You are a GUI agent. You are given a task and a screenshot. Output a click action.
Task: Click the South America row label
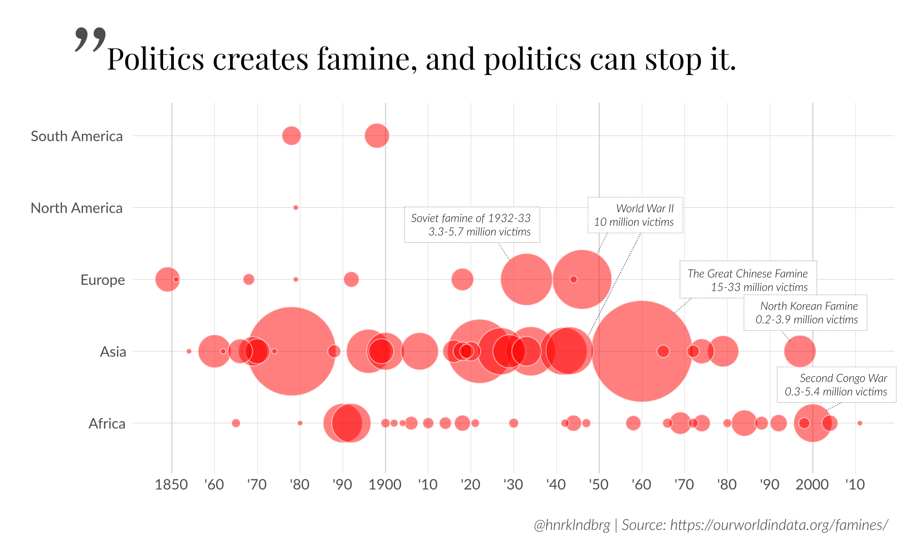click(x=77, y=136)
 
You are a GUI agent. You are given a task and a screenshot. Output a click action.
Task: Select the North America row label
click(x=77, y=208)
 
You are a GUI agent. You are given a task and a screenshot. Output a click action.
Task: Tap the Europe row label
click(x=103, y=280)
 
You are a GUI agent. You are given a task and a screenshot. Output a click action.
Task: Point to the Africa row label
click(x=107, y=424)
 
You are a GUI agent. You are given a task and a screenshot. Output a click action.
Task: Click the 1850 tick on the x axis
click(x=171, y=484)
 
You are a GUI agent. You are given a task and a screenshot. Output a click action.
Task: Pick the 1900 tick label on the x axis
click(x=385, y=484)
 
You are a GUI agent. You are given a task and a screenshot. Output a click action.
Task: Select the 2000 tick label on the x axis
click(x=812, y=484)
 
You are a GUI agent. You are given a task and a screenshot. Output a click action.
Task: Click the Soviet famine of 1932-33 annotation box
click(x=472, y=225)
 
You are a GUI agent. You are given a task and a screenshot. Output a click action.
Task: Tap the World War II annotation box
click(x=635, y=215)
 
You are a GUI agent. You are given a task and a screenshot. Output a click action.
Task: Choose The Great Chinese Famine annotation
click(x=748, y=280)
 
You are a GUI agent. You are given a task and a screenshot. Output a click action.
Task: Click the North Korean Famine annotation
click(x=805, y=313)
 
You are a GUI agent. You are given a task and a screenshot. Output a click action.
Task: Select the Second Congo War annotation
click(x=836, y=385)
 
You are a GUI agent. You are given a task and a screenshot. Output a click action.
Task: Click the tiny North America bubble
click(x=296, y=208)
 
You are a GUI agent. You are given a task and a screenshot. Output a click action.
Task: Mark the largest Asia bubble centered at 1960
click(x=641, y=351)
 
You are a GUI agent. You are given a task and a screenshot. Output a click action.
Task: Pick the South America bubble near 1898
click(x=377, y=136)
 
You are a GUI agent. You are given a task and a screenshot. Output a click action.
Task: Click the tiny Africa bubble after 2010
click(x=859, y=423)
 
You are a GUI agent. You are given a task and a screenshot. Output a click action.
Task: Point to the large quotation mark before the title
click(x=90, y=40)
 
